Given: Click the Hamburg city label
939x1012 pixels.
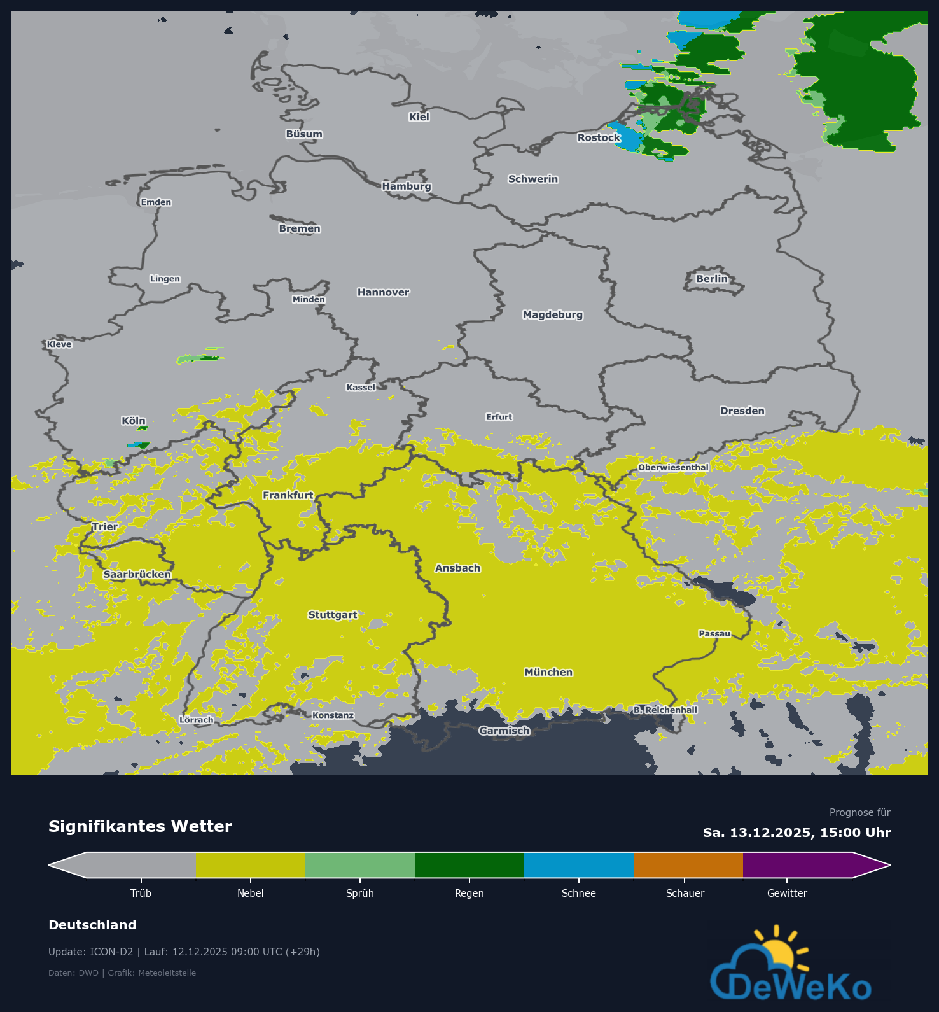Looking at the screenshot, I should (407, 186).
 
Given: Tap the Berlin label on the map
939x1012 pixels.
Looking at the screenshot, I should (711, 278).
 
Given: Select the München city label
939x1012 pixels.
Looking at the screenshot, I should (548, 672).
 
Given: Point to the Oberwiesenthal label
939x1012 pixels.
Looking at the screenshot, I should (673, 467).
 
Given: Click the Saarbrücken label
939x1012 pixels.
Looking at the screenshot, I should (137, 574).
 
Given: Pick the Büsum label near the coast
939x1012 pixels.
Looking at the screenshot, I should (304, 134).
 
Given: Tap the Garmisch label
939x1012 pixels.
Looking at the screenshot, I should (504, 731).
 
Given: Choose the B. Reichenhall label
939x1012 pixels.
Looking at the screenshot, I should (665, 710).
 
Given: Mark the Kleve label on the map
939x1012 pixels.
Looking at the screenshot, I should (59, 344).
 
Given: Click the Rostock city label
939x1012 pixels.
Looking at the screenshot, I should (599, 137).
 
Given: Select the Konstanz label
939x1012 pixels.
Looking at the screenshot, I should (333, 715).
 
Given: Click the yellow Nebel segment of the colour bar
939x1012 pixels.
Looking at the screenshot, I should (251, 865).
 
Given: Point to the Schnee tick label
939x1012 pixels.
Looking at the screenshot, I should (579, 893).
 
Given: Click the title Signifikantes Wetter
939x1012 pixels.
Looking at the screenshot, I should (140, 826).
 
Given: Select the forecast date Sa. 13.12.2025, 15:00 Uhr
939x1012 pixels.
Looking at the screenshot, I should (796, 833).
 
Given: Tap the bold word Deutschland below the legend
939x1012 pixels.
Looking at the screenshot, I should (92, 925).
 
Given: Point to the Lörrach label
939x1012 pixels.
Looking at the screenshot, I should (197, 720).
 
